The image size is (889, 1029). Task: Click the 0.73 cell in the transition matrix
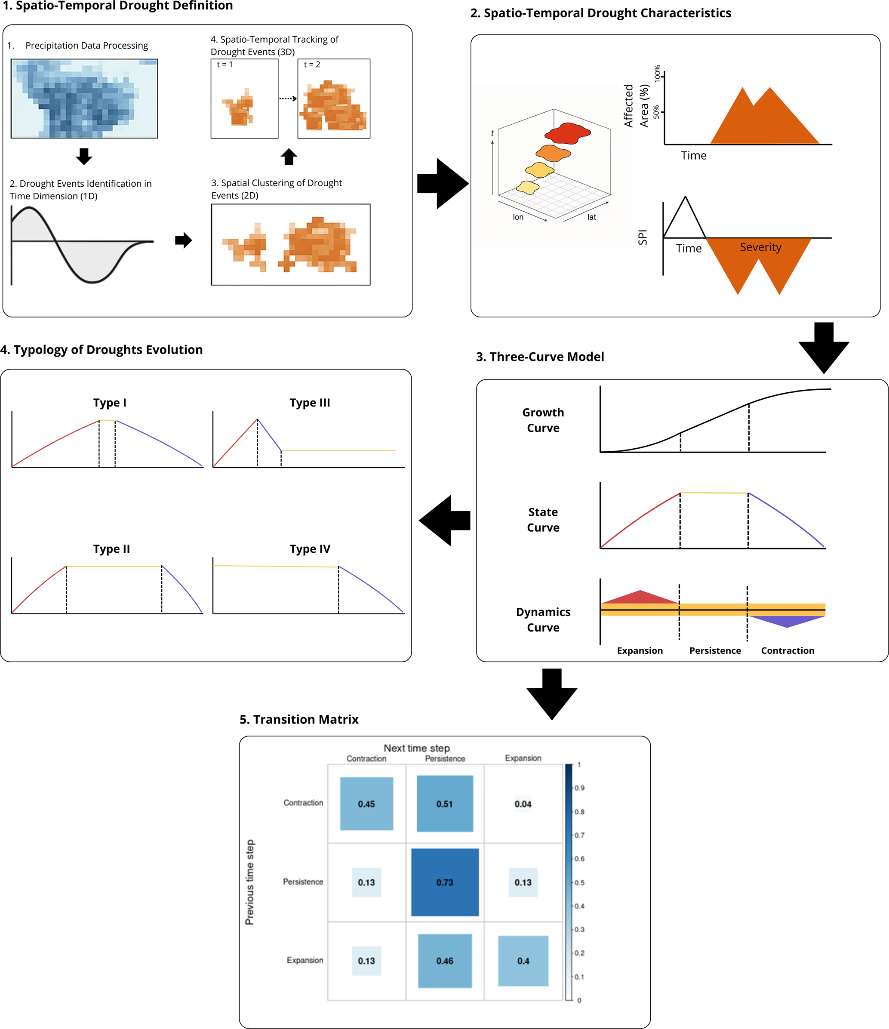[445, 882]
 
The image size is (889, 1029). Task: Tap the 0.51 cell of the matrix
[445, 804]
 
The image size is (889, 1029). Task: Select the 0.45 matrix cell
[366, 804]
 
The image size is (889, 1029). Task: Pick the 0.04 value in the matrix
[523, 804]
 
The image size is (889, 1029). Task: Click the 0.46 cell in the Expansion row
[445, 961]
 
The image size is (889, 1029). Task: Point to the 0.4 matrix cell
[523, 961]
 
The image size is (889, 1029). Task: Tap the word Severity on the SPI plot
[760, 247]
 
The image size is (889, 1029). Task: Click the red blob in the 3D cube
[567, 133]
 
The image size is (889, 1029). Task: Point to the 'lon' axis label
[518, 217]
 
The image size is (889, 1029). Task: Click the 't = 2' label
[312, 65]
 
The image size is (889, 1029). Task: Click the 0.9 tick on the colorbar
[580, 788]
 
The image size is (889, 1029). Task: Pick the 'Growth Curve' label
[543, 420]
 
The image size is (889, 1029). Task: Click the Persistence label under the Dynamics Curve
[715, 650]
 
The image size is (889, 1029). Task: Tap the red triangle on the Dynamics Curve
[640, 598]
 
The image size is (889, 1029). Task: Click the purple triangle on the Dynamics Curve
[787, 621]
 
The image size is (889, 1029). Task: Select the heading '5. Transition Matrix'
[298, 719]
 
